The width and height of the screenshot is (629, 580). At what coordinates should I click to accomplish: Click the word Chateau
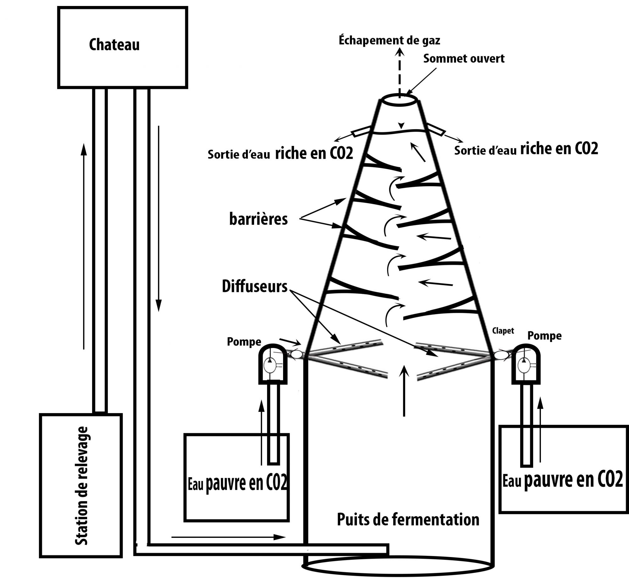[114, 45]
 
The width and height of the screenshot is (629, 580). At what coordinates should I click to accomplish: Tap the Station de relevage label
[81, 486]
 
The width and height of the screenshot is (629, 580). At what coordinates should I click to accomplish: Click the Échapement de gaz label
[389, 41]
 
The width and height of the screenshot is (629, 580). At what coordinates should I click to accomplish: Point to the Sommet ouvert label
[464, 58]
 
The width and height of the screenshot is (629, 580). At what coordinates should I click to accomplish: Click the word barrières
[258, 219]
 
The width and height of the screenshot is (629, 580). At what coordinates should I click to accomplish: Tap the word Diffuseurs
[255, 286]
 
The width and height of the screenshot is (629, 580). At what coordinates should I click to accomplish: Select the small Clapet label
[503, 331]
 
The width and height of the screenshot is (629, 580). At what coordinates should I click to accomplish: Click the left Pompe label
[244, 342]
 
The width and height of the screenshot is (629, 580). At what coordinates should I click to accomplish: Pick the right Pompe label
[544, 336]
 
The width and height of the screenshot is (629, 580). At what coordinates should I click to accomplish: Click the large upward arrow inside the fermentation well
[404, 390]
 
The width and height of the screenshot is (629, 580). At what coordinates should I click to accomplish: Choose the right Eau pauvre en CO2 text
[563, 480]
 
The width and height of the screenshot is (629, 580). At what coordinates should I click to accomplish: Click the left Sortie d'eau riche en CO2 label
[280, 153]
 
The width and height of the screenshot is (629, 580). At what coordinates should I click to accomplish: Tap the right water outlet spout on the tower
[436, 130]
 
